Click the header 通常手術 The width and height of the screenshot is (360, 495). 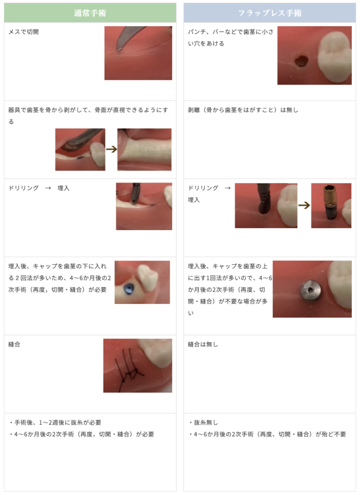point(90,13)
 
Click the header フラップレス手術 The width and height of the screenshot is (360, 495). point(270,13)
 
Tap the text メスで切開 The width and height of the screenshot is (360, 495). point(23,32)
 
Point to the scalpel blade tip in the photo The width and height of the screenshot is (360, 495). point(118,50)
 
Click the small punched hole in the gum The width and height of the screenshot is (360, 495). point(301,61)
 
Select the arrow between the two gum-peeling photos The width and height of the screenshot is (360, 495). point(111,149)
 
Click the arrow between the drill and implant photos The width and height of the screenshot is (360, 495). point(304,205)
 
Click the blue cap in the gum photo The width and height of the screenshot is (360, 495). point(129,289)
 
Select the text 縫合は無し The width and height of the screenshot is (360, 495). point(203,344)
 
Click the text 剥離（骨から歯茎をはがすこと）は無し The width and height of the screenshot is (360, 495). point(243,110)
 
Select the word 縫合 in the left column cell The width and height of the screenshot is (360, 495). point(14,344)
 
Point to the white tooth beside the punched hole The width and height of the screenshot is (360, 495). point(335,56)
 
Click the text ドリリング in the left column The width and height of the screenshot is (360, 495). point(23,188)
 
